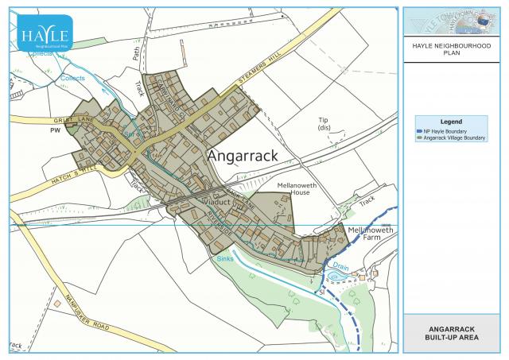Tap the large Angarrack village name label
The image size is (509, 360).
coord(243,156)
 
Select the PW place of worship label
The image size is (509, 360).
coord(55,129)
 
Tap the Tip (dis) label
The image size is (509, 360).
coord(324,123)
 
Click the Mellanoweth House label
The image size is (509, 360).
coord(293,188)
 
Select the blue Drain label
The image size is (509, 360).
coord(340,267)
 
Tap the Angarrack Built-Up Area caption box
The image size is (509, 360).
coord(452,334)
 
